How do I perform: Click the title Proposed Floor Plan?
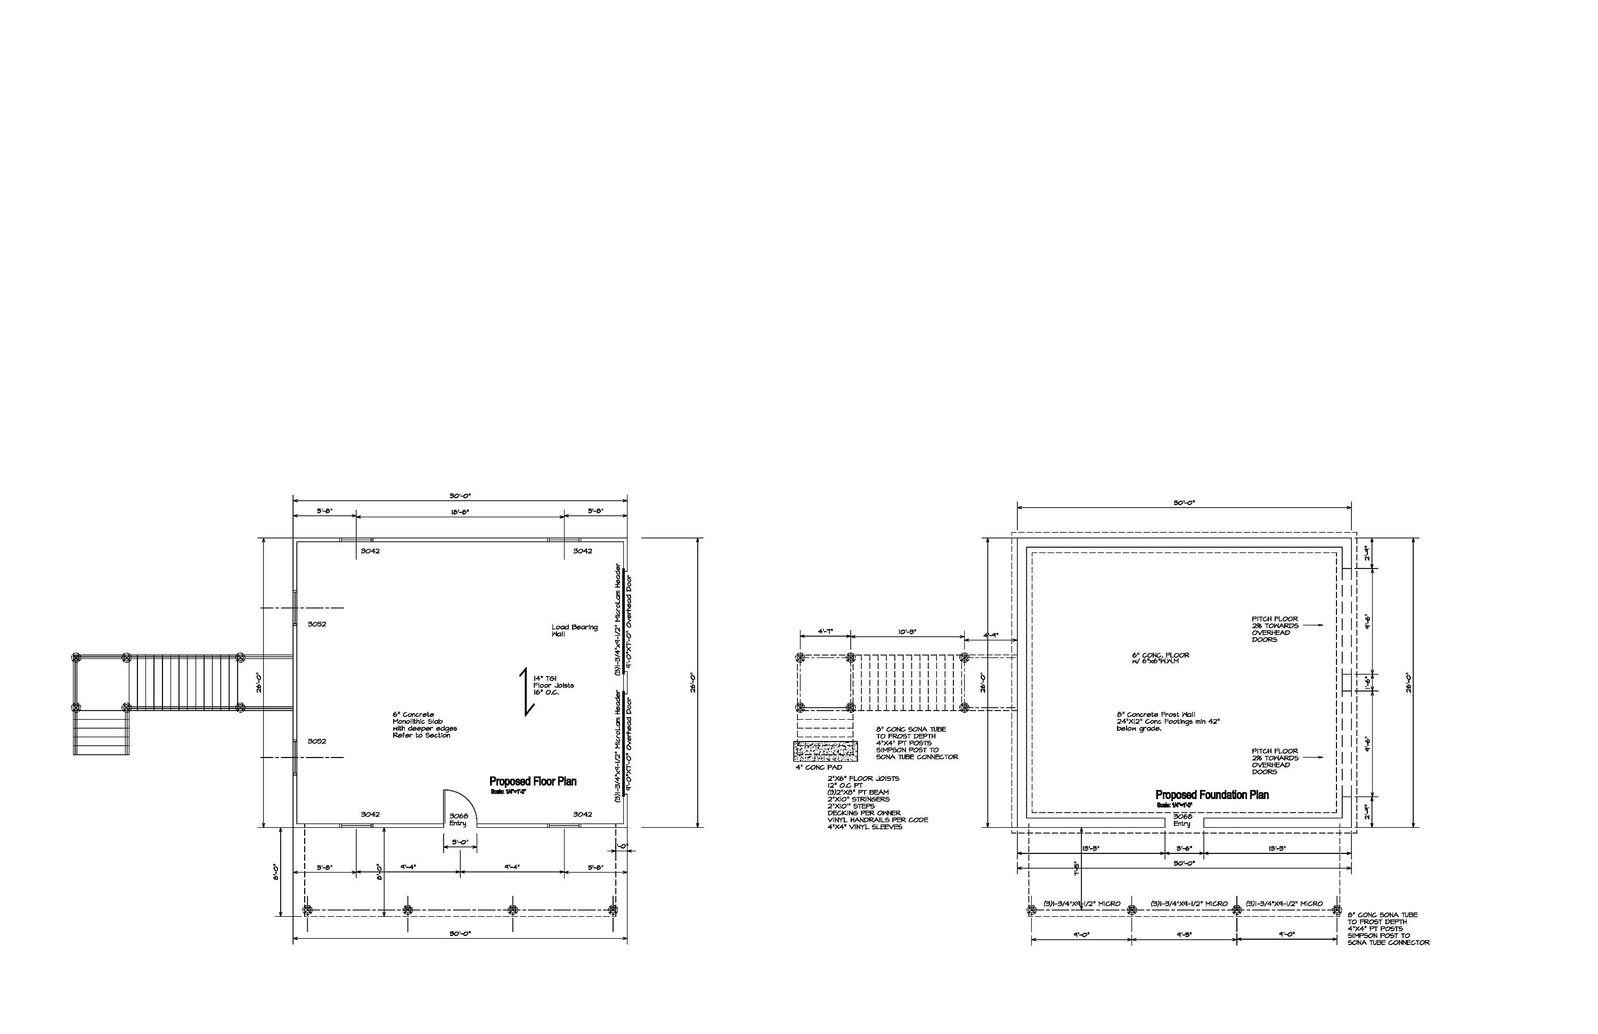click(533, 781)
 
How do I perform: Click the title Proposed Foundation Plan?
click(1212, 795)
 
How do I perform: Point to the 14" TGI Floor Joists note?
click(553, 686)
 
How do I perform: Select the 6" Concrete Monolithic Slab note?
click(425, 725)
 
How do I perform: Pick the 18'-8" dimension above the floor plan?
click(459, 511)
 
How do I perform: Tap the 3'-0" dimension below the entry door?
click(460, 842)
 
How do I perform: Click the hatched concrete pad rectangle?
click(825, 751)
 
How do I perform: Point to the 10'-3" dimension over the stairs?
click(907, 632)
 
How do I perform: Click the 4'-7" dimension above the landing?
click(825, 632)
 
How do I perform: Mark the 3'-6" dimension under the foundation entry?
click(1184, 848)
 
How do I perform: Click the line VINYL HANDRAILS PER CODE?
click(877, 820)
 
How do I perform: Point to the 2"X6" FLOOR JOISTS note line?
click(863, 779)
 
